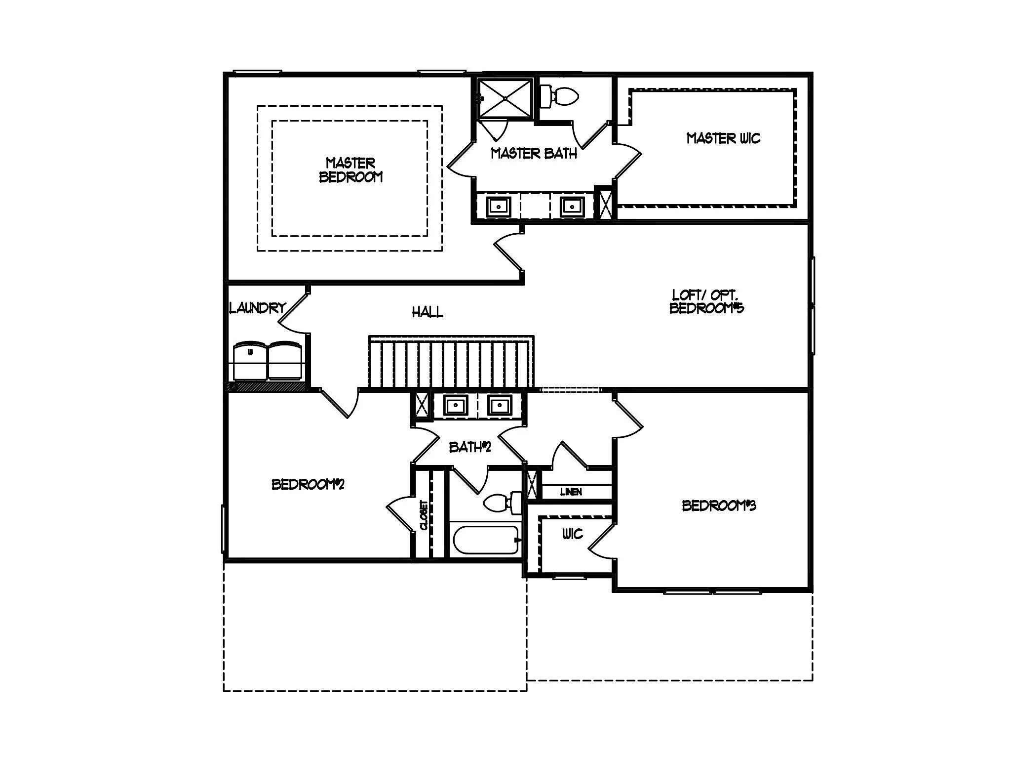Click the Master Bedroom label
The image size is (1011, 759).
351,170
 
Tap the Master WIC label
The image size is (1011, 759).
723,138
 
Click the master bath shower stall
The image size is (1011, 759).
506,99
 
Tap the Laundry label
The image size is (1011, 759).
258,308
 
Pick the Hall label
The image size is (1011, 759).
428,312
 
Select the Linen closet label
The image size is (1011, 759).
571,492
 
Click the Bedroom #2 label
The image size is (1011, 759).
308,484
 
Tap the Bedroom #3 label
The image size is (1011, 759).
719,506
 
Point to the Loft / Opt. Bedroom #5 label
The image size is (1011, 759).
706,301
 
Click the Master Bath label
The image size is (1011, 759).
534,154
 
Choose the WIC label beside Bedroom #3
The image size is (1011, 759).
573,534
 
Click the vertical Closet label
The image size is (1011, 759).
424,515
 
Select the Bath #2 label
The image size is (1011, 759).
470,447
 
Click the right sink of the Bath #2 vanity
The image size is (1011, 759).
500,406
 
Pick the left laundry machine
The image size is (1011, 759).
250,361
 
